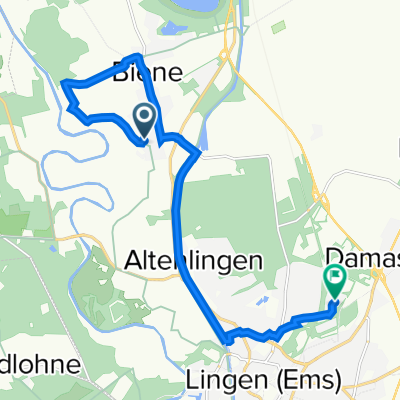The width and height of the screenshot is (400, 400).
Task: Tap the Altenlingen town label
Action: (196, 260)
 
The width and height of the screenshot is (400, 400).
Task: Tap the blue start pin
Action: (144, 122)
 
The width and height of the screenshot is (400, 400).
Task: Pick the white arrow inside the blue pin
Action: (144, 119)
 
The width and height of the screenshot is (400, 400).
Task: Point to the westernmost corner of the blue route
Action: (65, 82)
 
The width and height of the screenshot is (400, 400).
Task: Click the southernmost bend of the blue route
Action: (228, 341)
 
